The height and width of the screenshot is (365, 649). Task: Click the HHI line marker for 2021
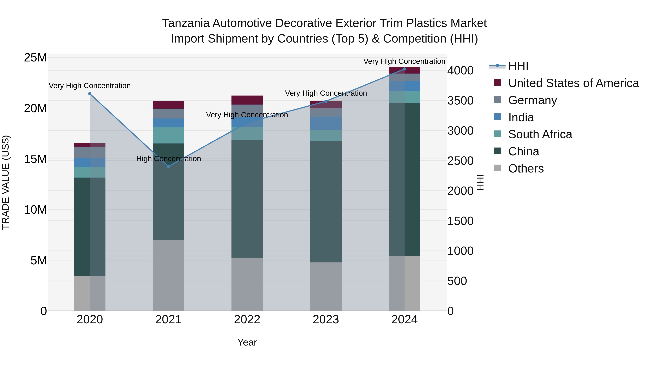tap(169, 166)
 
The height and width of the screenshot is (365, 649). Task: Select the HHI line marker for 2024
tap(404, 69)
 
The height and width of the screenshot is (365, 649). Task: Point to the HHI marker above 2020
tap(90, 94)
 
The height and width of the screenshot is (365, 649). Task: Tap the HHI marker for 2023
tap(326, 101)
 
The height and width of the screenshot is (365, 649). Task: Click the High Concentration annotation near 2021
tap(169, 159)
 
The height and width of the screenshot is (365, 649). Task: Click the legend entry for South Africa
tap(540, 134)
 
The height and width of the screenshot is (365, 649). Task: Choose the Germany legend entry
tap(532, 100)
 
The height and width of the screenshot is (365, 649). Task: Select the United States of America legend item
tap(573, 83)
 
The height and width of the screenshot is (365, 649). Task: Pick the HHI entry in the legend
tap(518, 66)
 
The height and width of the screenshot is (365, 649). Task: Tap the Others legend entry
tap(526, 169)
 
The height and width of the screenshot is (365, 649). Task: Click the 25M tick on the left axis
tap(35, 58)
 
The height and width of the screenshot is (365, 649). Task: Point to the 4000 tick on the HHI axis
tap(460, 70)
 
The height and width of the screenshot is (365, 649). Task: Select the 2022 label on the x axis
tap(247, 320)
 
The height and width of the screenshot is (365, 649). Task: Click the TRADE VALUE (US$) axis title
tap(6, 182)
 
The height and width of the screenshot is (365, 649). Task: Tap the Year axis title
tap(247, 342)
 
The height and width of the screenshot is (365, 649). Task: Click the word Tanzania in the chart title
tap(186, 23)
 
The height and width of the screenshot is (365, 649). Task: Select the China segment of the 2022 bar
tap(247, 199)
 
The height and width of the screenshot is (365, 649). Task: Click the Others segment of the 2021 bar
tap(169, 275)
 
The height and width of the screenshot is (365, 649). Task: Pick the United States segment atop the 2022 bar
tap(247, 100)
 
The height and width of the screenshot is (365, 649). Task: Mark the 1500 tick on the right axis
tap(460, 221)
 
